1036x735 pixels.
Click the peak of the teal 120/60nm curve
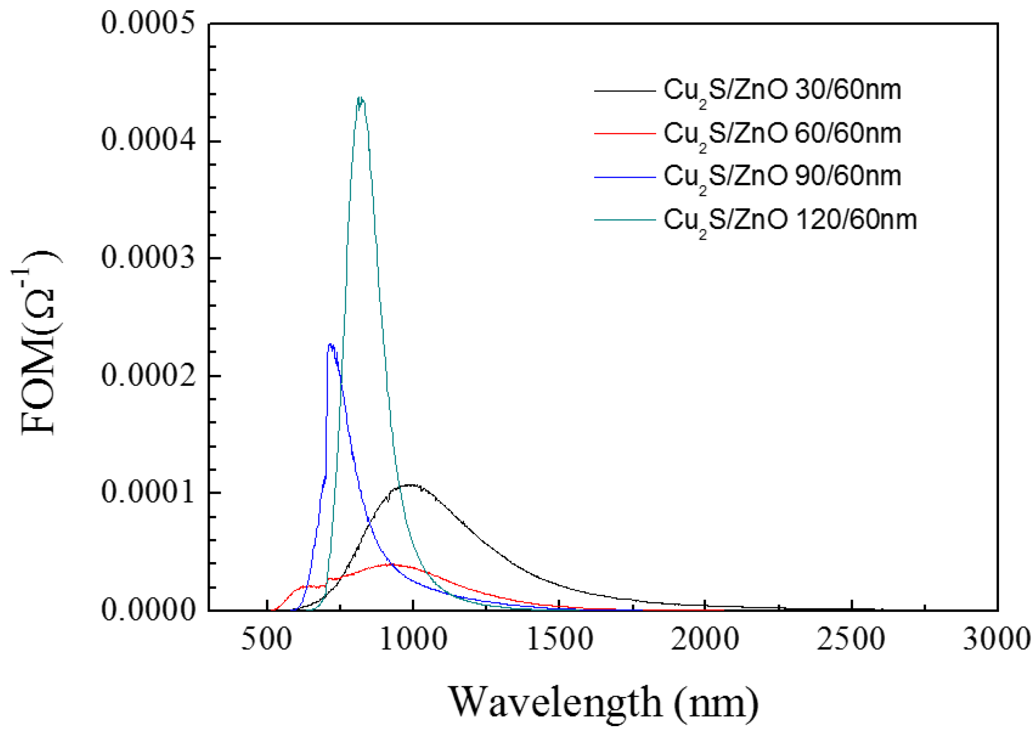click(x=361, y=98)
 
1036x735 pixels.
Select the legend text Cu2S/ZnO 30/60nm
click(x=782, y=91)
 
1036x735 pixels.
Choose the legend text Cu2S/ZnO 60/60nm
click(x=782, y=134)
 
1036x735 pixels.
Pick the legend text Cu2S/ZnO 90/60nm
click(x=782, y=176)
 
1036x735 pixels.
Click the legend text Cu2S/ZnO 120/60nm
click(x=790, y=220)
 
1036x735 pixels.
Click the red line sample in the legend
click(x=625, y=134)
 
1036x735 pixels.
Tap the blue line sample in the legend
click(x=625, y=176)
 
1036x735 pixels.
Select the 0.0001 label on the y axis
click(x=148, y=492)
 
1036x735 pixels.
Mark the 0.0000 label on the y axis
click(x=148, y=610)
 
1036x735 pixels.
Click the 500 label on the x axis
click(x=267, y=639)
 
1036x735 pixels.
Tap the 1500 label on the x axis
click(x=560, y=639)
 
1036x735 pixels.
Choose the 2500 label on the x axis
click(x=851, y=639)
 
